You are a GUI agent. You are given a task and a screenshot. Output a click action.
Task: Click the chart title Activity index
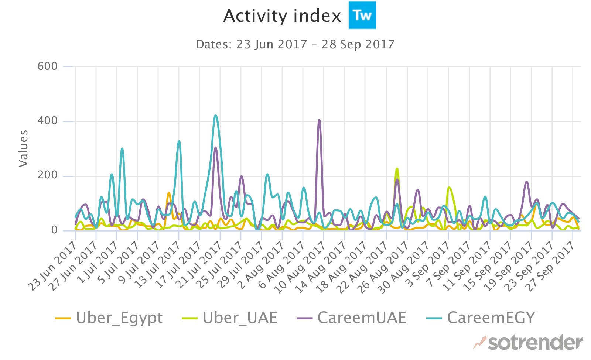282,16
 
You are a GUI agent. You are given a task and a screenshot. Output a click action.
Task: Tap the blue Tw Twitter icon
362,15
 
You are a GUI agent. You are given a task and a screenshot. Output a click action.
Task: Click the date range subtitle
295,45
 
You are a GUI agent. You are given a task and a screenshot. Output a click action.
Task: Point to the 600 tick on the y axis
48,66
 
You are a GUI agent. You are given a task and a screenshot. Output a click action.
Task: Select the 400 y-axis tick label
48,121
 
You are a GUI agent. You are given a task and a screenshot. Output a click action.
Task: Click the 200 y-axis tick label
48,176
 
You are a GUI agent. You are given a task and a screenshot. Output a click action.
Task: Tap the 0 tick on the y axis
54,230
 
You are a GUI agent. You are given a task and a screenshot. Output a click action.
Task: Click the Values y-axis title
23,148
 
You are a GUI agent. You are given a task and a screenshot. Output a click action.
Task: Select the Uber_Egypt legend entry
109,318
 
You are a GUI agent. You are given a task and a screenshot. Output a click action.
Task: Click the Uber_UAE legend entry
230,318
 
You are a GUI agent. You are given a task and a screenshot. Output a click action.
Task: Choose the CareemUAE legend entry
352,318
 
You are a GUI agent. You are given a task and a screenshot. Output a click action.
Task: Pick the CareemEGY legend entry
481,318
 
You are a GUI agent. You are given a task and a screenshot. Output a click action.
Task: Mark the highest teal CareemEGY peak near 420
216,116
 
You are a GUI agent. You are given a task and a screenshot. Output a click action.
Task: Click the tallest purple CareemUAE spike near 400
319,120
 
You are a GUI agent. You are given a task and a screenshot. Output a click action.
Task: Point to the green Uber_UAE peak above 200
397,169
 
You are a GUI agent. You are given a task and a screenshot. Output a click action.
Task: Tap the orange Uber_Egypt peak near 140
169,193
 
